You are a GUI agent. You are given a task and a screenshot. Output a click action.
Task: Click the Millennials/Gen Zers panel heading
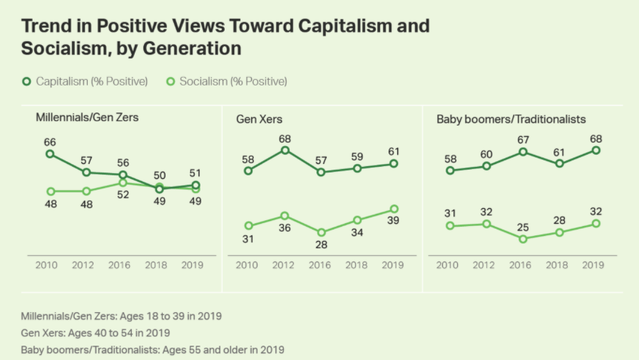point(87,117)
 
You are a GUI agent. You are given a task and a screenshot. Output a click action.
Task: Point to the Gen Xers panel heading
point(260,119)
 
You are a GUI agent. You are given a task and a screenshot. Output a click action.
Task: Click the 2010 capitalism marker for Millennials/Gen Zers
point(50,153)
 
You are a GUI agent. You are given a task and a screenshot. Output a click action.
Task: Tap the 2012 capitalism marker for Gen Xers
point(285,150)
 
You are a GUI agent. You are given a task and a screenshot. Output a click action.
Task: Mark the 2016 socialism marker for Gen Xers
point(321,232)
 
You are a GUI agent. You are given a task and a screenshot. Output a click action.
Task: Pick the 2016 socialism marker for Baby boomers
point(523,239)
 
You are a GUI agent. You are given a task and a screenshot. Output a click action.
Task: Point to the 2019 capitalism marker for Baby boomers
point(595,150)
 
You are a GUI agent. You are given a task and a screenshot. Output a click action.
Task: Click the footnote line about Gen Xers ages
point(96,332)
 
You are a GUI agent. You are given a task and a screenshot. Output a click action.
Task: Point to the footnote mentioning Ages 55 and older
point(153,349)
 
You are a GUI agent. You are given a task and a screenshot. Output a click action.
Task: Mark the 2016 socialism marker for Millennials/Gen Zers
point(123,183)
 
